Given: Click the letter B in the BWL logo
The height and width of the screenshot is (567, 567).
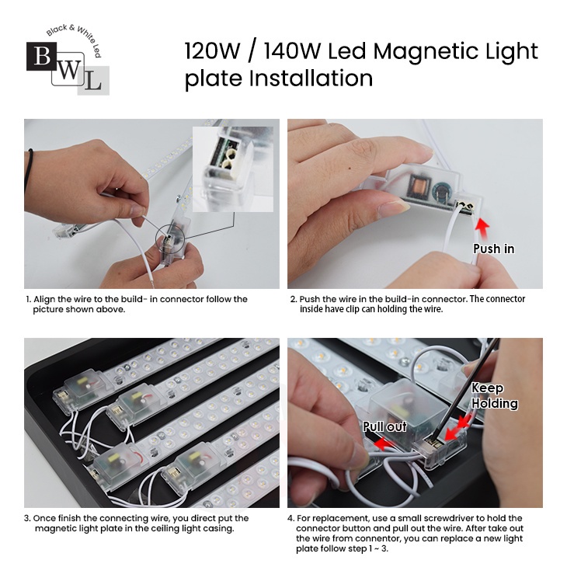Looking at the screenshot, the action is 42,57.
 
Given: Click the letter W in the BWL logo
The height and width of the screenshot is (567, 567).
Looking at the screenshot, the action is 68,70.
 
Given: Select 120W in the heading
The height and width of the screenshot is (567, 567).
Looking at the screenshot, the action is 212,50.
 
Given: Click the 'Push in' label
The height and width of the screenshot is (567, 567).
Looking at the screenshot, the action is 493,249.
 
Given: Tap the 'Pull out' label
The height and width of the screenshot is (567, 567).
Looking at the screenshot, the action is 384,426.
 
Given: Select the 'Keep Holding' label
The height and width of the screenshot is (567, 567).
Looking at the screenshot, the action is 494,395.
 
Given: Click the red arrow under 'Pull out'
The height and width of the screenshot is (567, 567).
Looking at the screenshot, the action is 383,444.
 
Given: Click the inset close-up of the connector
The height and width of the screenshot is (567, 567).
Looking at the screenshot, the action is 233,169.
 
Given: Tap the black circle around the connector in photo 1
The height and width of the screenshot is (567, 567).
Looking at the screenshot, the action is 156,239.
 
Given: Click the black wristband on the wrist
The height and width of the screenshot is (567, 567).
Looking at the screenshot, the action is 29,170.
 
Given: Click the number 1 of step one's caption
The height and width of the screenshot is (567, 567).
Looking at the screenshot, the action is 28,299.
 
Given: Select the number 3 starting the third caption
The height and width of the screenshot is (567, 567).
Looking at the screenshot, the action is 26,518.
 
